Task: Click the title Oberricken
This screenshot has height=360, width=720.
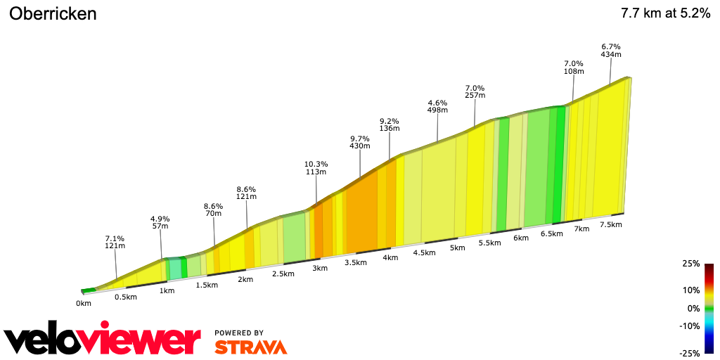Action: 53,14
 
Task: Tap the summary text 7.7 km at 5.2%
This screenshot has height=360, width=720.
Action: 665,13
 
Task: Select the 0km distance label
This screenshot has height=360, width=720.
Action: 84,304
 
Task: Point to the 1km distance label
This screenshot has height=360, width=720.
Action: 167,291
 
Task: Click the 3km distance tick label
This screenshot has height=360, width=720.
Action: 320,269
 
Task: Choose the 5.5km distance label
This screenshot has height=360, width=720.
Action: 489,243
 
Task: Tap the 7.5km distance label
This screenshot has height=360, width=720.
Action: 611,225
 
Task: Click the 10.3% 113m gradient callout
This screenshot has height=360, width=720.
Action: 316,168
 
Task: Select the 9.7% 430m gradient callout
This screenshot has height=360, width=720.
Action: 360,141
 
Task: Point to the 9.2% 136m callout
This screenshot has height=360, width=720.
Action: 390,124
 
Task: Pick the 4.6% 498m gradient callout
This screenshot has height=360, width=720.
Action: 437,106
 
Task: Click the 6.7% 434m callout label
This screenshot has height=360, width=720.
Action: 610,50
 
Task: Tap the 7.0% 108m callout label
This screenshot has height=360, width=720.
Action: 574,67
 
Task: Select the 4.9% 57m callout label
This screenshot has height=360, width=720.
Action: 160,222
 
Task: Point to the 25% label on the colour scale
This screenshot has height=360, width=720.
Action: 691,264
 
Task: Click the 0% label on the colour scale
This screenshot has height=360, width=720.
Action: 693,308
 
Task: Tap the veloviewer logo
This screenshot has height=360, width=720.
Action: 103,340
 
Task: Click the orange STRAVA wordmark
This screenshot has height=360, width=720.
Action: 250,347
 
